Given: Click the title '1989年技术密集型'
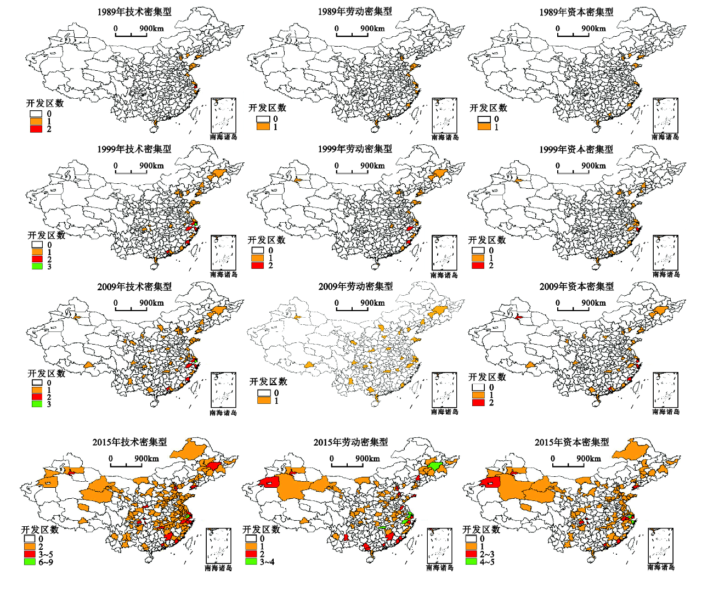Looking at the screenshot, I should pos(134,12).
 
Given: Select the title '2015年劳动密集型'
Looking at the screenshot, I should pos(350,442).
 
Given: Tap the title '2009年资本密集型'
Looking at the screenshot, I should pos(576,286).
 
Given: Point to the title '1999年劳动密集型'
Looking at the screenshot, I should pos(355,149).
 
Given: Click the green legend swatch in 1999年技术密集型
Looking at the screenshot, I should pos(37,266).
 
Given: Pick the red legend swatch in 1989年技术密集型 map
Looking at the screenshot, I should pos(36,129).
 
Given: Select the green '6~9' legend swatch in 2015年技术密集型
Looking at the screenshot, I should pos(30,562).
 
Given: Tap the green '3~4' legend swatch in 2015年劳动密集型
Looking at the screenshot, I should pos(251,561).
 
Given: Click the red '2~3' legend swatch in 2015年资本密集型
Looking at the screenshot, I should pos(472,554).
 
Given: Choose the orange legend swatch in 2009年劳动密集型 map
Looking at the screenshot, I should pos(264,401).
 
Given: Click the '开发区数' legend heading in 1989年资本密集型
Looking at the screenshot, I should pos(488,108).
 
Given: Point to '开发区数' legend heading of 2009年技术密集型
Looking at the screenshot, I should pos(47,373).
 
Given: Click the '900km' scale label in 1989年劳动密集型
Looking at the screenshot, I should pos(372,29).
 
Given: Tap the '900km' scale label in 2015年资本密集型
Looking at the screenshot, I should pos(588,459).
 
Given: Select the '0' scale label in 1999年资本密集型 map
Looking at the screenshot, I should pos(558,166).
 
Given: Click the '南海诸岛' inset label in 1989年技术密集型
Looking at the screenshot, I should pos(224,137).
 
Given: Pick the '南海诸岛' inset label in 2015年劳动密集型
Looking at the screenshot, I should pos(440,568).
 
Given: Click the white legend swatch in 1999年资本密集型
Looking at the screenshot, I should pos(478,251).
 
